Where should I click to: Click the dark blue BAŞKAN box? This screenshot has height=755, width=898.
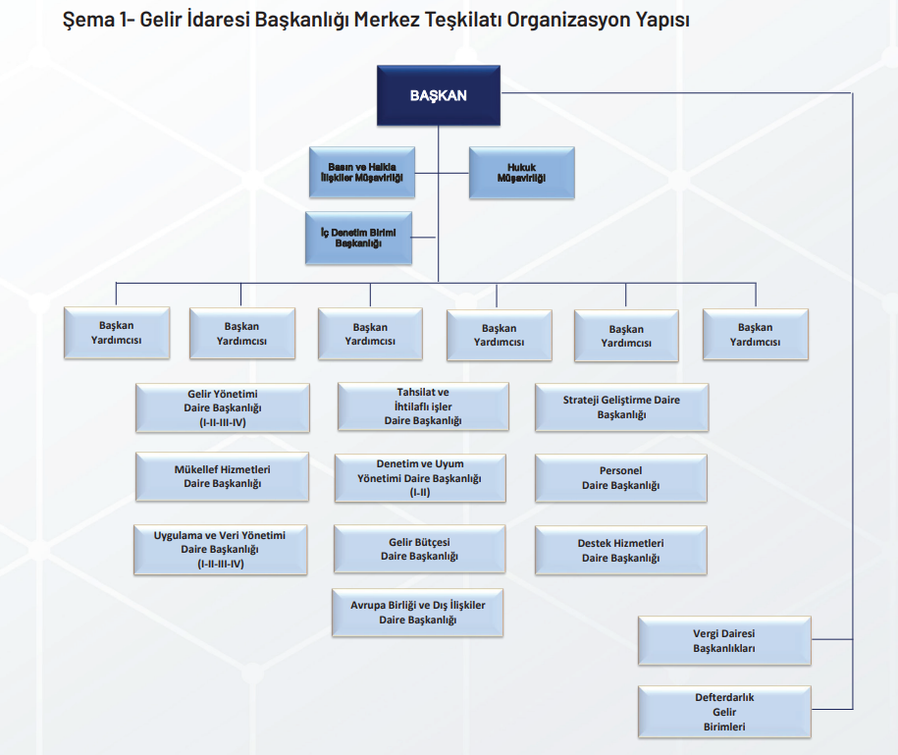pos(439,96)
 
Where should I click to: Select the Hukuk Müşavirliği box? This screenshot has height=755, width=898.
pos(521,174)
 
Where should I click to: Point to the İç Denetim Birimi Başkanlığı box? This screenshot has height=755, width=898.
pos(358,238)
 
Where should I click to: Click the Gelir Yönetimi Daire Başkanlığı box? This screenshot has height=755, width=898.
pos(222,407)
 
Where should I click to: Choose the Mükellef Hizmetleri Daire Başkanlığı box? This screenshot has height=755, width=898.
pos(222,476)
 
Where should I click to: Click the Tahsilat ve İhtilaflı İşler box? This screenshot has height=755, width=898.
pos(423,406)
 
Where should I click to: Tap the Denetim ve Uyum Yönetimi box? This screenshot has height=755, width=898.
pos(420,477)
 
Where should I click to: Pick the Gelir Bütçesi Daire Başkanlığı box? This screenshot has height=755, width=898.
pos(419,549)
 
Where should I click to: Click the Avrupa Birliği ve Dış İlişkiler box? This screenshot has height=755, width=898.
pos(418,613)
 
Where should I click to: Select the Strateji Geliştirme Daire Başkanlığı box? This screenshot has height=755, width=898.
pos(621,407)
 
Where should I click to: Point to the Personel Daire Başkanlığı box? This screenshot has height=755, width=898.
pos(621,478)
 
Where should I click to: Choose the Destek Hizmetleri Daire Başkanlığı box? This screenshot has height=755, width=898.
pos(621,550)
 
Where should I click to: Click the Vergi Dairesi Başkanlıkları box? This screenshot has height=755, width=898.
pos(724,641)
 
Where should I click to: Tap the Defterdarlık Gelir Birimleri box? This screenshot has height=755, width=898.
pos(724,712)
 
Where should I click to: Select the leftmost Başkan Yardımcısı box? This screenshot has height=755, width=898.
pos(116,333)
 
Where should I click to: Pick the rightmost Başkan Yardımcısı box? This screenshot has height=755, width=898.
pos(756,335)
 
